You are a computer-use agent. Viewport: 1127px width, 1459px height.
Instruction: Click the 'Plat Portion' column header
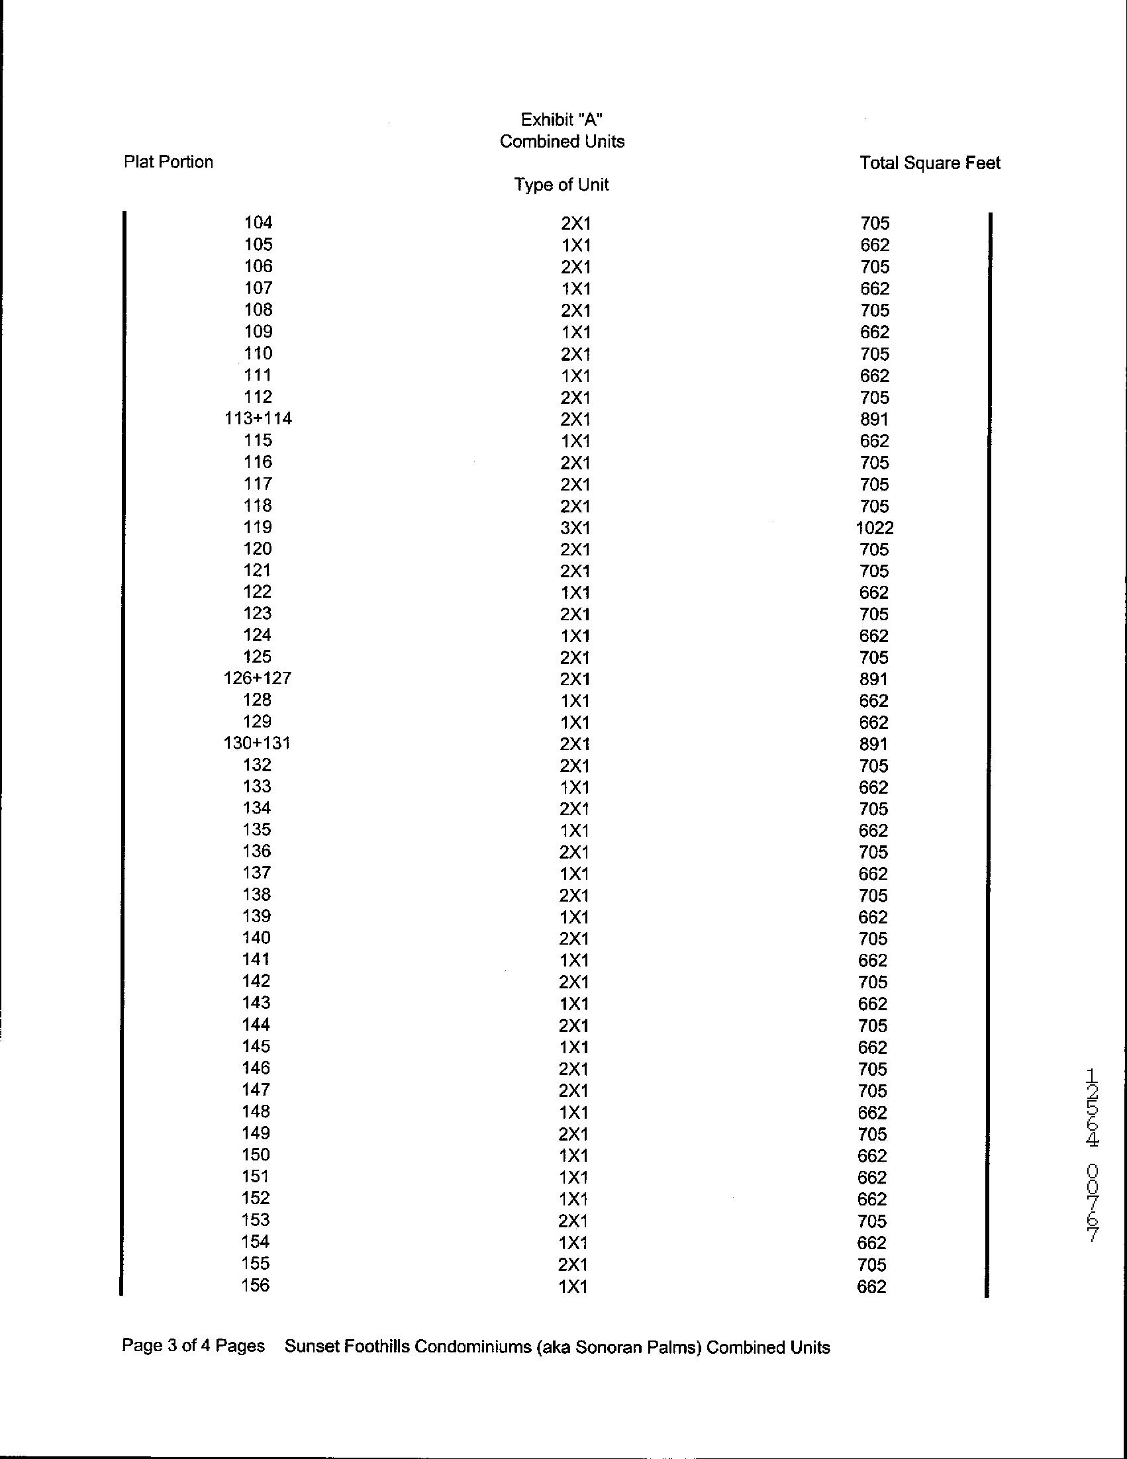coord(168,162)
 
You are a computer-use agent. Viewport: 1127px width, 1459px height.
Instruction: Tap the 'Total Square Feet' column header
coord(929,163)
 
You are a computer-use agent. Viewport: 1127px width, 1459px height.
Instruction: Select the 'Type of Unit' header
coord(561,185)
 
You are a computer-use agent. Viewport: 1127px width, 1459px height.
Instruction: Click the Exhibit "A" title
coord(562,120)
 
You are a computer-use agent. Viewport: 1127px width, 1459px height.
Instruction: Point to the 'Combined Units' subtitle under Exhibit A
coord(562,142)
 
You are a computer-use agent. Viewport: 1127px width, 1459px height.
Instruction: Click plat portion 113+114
coord(258,418)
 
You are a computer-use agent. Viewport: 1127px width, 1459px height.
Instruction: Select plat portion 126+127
coord(257,678)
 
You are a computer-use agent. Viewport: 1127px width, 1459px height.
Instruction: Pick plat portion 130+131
coord(257,743)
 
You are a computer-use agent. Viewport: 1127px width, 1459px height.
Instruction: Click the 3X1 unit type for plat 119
coord(575,528)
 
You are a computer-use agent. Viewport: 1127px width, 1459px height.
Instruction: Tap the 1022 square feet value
coord(875,528)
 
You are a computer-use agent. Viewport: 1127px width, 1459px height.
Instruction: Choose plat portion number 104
coord(258,222)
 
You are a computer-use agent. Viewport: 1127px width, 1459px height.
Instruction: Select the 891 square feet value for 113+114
coord(875,419)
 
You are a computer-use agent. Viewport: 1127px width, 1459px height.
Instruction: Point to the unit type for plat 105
coord(575,245)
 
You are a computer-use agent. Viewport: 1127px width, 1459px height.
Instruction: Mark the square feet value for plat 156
coord(872,1286)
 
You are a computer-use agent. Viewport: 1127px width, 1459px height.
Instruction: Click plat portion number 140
coord(256,937)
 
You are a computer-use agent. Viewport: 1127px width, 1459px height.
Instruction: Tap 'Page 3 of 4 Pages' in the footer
coord(193,1345)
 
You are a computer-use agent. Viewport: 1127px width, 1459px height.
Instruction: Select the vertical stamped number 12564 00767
coord(1093,1155)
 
